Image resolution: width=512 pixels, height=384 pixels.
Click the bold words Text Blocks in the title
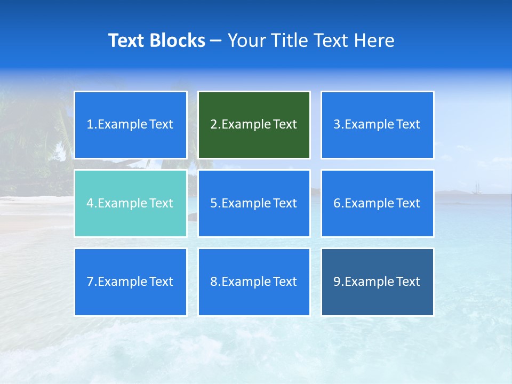coord(156,41)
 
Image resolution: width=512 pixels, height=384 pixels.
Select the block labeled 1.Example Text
coord(131,125)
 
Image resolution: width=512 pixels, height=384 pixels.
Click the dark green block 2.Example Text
coord(254,125)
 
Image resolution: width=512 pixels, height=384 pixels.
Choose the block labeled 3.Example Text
coord(377,125)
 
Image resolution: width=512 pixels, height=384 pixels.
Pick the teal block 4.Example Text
coord(131,203)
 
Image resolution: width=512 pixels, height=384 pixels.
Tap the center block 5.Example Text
coord(254,203)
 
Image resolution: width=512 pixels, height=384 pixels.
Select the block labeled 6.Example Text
coord(377,203)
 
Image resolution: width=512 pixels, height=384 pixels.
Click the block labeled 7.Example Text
coord(131,282)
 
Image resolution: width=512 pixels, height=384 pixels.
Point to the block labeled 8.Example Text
coord(254,282)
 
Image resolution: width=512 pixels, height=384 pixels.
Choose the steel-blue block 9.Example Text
coord(377,282)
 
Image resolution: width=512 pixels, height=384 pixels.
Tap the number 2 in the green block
coord(213,125)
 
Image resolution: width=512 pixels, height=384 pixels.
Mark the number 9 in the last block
coord(337,282)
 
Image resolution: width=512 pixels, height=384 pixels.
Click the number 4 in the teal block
coord(90,203)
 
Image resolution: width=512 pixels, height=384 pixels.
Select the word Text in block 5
coord(285,203)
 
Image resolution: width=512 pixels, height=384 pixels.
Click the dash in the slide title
coord(216,41)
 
